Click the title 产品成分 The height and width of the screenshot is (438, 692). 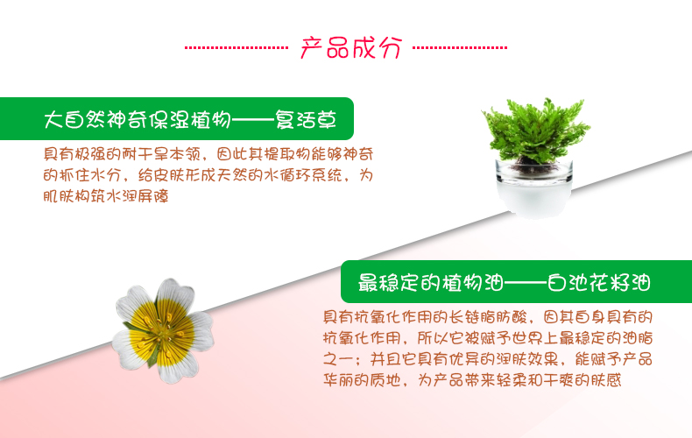coord(351,47)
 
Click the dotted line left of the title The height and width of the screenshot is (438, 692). coord(237,47)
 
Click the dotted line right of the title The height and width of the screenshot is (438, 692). coord(460,47)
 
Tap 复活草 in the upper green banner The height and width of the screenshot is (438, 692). coord(306,119)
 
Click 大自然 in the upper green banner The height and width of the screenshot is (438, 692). coord(75,119)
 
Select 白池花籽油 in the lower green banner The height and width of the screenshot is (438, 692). coord(599,283)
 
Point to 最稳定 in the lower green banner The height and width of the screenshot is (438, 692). coord(388,283)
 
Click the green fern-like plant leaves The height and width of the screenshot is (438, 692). coord(536,131)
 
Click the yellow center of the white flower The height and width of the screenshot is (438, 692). coord(161,331)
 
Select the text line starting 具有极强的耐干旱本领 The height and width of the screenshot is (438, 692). coord(208,154)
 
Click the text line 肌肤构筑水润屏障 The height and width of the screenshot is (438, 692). coord(106,196)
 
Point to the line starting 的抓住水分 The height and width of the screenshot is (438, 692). coord(208,175)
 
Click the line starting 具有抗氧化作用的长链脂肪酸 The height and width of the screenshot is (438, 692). coord(488,317)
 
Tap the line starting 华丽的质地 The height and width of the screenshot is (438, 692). coord(472,380)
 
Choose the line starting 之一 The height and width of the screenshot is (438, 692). coord(488,359)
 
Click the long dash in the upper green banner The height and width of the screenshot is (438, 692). coord(253,120)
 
